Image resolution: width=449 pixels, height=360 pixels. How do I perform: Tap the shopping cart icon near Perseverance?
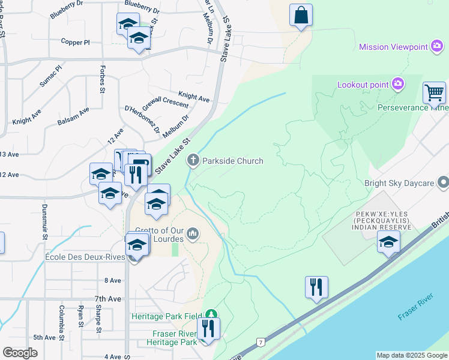point(434,94)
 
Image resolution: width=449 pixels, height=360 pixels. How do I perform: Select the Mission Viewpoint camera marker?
point(436,46)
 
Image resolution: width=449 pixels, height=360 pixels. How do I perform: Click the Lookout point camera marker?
point(397,85)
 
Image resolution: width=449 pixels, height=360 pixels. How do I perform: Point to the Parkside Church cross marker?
point(193,160)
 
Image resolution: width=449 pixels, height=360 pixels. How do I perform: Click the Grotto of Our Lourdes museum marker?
point(193,233)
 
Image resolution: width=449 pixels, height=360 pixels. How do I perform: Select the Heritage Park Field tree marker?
point(211,314)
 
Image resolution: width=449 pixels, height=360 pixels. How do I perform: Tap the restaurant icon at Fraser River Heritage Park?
point(208,328)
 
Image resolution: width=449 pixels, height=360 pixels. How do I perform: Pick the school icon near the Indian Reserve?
point(388,242)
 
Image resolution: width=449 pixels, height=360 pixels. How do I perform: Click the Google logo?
point(20,352)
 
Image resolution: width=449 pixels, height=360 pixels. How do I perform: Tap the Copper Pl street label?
point(75,42)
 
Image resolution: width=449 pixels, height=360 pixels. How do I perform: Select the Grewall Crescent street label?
point(165,103)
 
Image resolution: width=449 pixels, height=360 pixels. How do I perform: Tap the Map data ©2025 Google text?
point(411,355)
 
